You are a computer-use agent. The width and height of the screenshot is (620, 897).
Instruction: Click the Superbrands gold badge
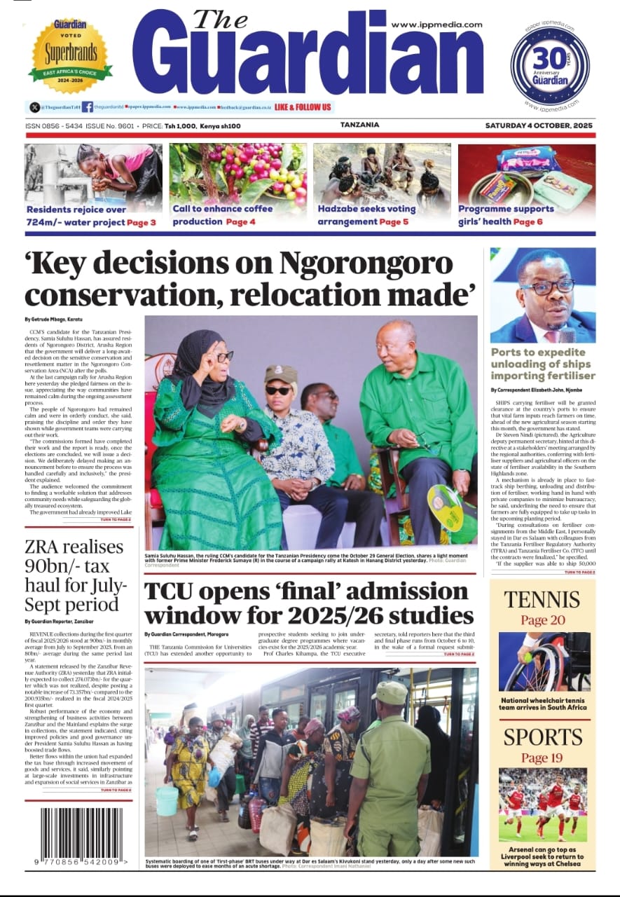(70, 55)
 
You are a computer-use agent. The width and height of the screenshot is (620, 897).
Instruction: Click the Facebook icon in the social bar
(88, 107)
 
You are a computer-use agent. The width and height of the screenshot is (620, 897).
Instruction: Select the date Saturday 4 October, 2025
(539, 125)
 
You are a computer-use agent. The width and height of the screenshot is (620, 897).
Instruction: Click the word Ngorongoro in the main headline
(366, 263)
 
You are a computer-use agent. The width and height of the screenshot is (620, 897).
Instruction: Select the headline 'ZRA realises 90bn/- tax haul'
(74, 575)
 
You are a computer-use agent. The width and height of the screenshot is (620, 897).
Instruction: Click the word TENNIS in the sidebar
(542, 600)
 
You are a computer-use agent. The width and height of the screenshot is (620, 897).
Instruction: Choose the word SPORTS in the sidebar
(542, 737)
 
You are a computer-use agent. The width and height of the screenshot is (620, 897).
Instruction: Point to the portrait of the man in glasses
(543, 295)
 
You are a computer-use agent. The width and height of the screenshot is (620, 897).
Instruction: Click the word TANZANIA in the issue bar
(359, 125)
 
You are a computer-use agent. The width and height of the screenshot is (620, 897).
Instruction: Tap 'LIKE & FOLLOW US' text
(303, 107)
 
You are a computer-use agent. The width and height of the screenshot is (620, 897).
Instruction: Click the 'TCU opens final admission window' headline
(309, 603)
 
